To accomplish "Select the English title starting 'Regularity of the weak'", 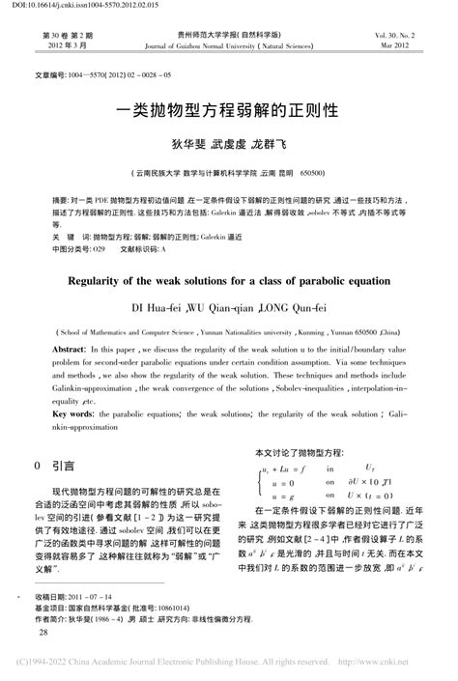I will coord(228,283).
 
